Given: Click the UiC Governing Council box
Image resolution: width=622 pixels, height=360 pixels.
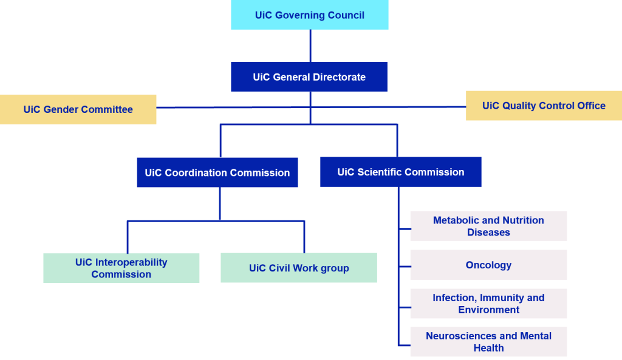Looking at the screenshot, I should click(x=309, y=15).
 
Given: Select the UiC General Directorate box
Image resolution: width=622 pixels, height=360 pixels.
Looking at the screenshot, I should click(x=309, y=77).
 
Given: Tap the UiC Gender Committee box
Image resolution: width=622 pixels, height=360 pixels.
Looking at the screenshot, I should click(x=78, y=109).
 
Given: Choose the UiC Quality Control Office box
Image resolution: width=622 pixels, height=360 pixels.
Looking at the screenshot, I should click(x=544, y=106).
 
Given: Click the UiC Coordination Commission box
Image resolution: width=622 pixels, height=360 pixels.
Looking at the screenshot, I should click(x=217, y=172).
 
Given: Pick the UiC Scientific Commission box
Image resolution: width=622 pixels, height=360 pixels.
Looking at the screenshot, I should click(x=400, y=172).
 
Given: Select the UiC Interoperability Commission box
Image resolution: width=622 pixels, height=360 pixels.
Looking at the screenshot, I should click(x=121, y=268).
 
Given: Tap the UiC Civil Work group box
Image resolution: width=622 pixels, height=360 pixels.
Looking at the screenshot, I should click(x=298, y=268).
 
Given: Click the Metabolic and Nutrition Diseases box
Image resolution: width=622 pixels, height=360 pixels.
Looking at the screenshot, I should click(x=488, y=226).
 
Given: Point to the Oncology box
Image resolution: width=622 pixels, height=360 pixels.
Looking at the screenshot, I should click(x=488, y=265).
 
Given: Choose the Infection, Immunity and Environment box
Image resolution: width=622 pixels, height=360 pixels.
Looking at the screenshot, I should click(x=488, y=304).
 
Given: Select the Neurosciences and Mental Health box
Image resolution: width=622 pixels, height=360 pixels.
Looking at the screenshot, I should click(x=488, y=342).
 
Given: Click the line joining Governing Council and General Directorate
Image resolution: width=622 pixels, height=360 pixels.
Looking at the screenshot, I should click(x=310, y=46).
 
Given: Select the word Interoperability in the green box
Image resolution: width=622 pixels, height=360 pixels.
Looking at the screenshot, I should click(x=131, y=262).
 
